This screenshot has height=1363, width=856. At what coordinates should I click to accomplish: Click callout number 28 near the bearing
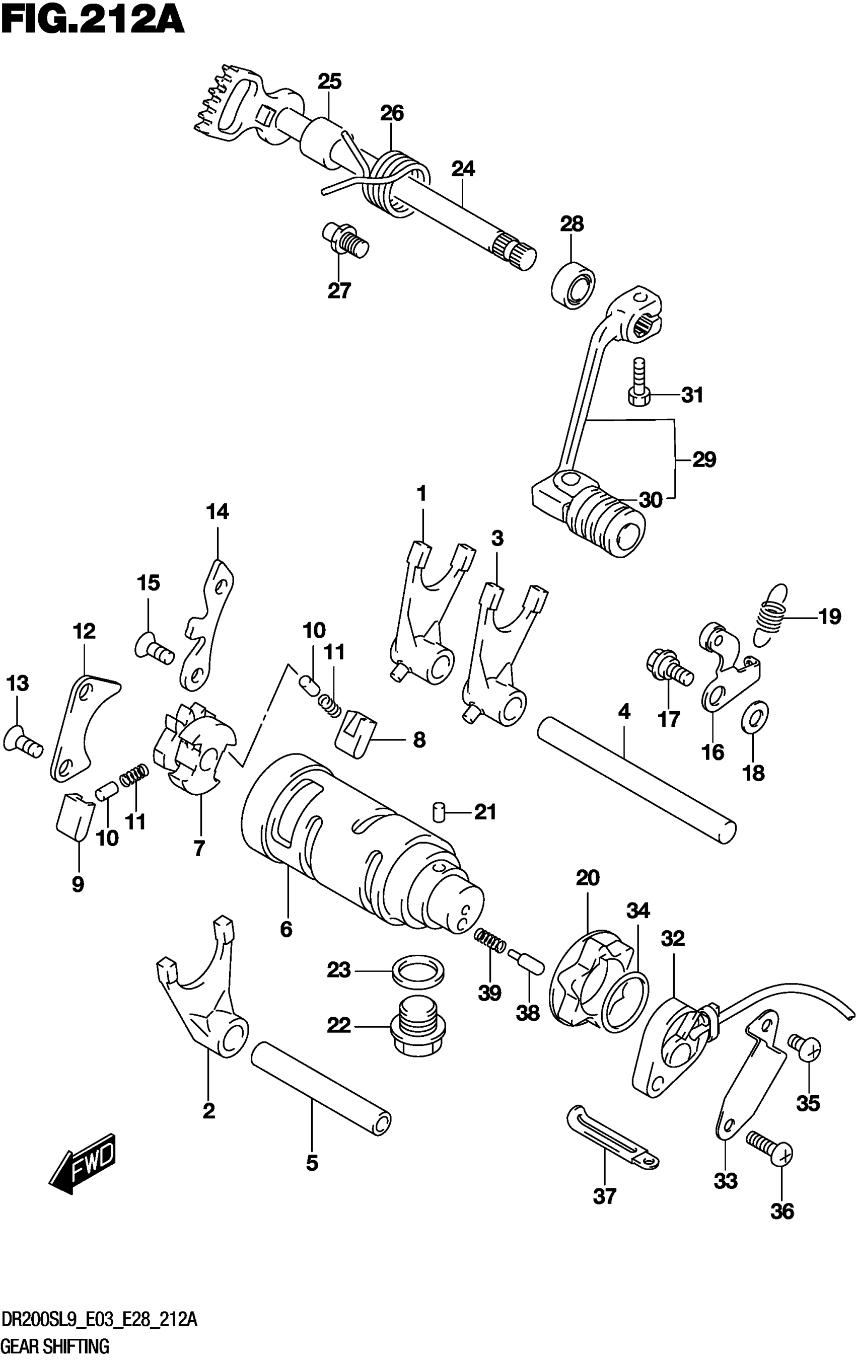572,224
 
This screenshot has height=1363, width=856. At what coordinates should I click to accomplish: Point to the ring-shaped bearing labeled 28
573,285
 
